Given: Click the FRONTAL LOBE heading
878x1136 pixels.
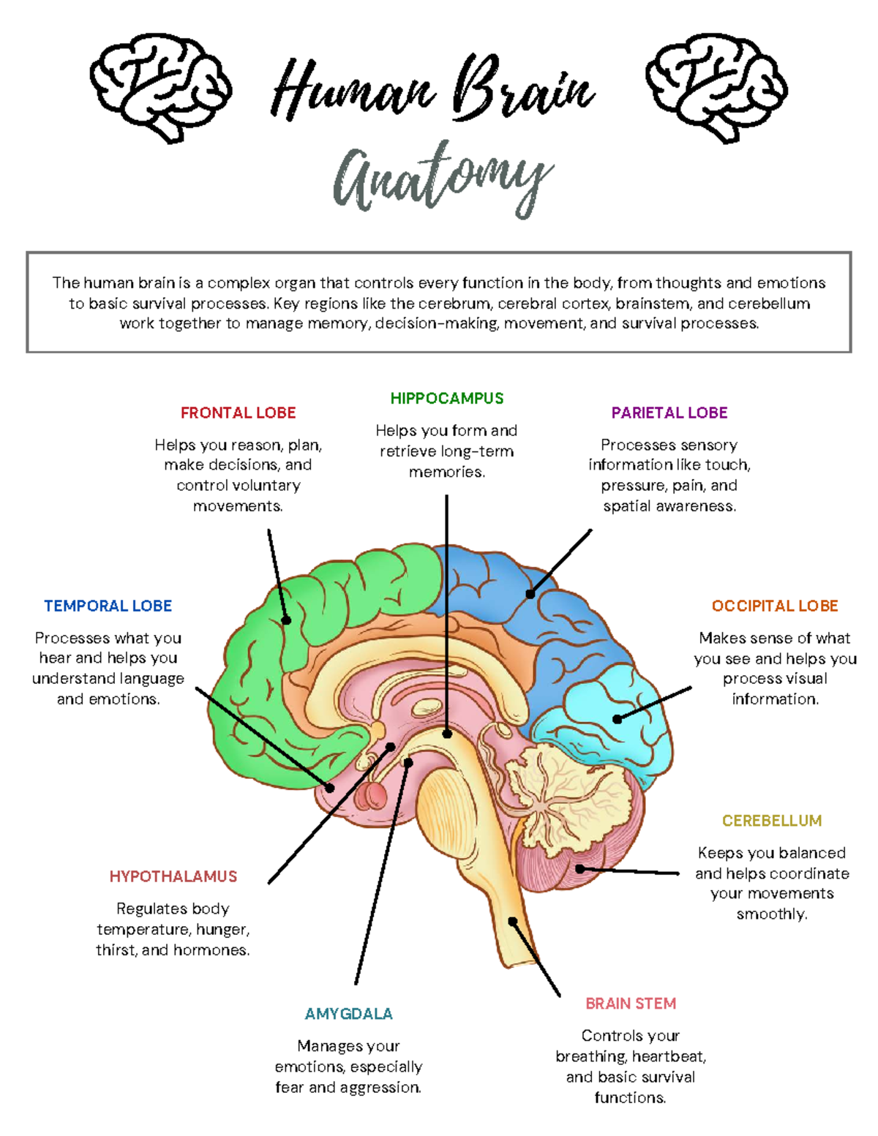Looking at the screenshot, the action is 238,413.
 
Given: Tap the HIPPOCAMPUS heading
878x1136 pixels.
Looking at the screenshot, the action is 446,398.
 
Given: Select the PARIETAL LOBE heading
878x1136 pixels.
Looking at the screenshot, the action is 669,413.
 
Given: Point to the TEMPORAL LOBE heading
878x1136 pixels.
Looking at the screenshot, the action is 108,606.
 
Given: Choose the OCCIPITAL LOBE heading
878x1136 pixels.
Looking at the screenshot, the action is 774,606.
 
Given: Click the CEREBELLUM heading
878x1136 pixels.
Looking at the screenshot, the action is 772,820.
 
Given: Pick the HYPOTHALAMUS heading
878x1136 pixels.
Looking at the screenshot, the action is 173,876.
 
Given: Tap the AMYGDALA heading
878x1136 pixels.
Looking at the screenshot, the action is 348,1014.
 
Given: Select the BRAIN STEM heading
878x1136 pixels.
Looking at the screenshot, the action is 631,1003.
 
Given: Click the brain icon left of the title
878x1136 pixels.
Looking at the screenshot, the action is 160,87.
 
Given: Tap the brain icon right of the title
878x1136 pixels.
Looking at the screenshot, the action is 716,87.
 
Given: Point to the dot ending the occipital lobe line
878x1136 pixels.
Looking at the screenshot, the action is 617,719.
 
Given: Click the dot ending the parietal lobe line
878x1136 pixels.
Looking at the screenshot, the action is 530,594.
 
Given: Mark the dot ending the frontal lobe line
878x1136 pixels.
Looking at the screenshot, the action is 286,620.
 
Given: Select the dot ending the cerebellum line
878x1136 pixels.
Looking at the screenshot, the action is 580,869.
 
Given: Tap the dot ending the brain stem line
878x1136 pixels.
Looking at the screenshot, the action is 513,921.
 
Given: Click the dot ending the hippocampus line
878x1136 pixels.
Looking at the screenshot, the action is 447,734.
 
